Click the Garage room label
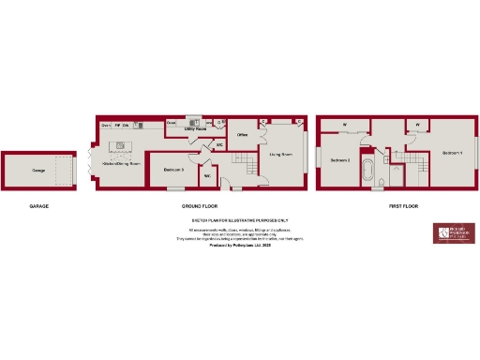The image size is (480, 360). [x=38, y=171]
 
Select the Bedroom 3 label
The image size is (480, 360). [x=172, y=169]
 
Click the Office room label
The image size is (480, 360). [x=241, y=135]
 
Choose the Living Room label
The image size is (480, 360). [x=281, y=154]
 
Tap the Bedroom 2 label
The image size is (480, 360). [x=339, y=160]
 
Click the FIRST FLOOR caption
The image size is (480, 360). [x=403, y=204]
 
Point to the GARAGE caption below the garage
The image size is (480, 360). [x=38, y=204]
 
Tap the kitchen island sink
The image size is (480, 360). [x=120, y=144]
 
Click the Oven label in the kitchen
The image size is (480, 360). [x=105, y=125]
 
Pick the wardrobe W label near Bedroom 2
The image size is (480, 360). [x=344, y=124]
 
